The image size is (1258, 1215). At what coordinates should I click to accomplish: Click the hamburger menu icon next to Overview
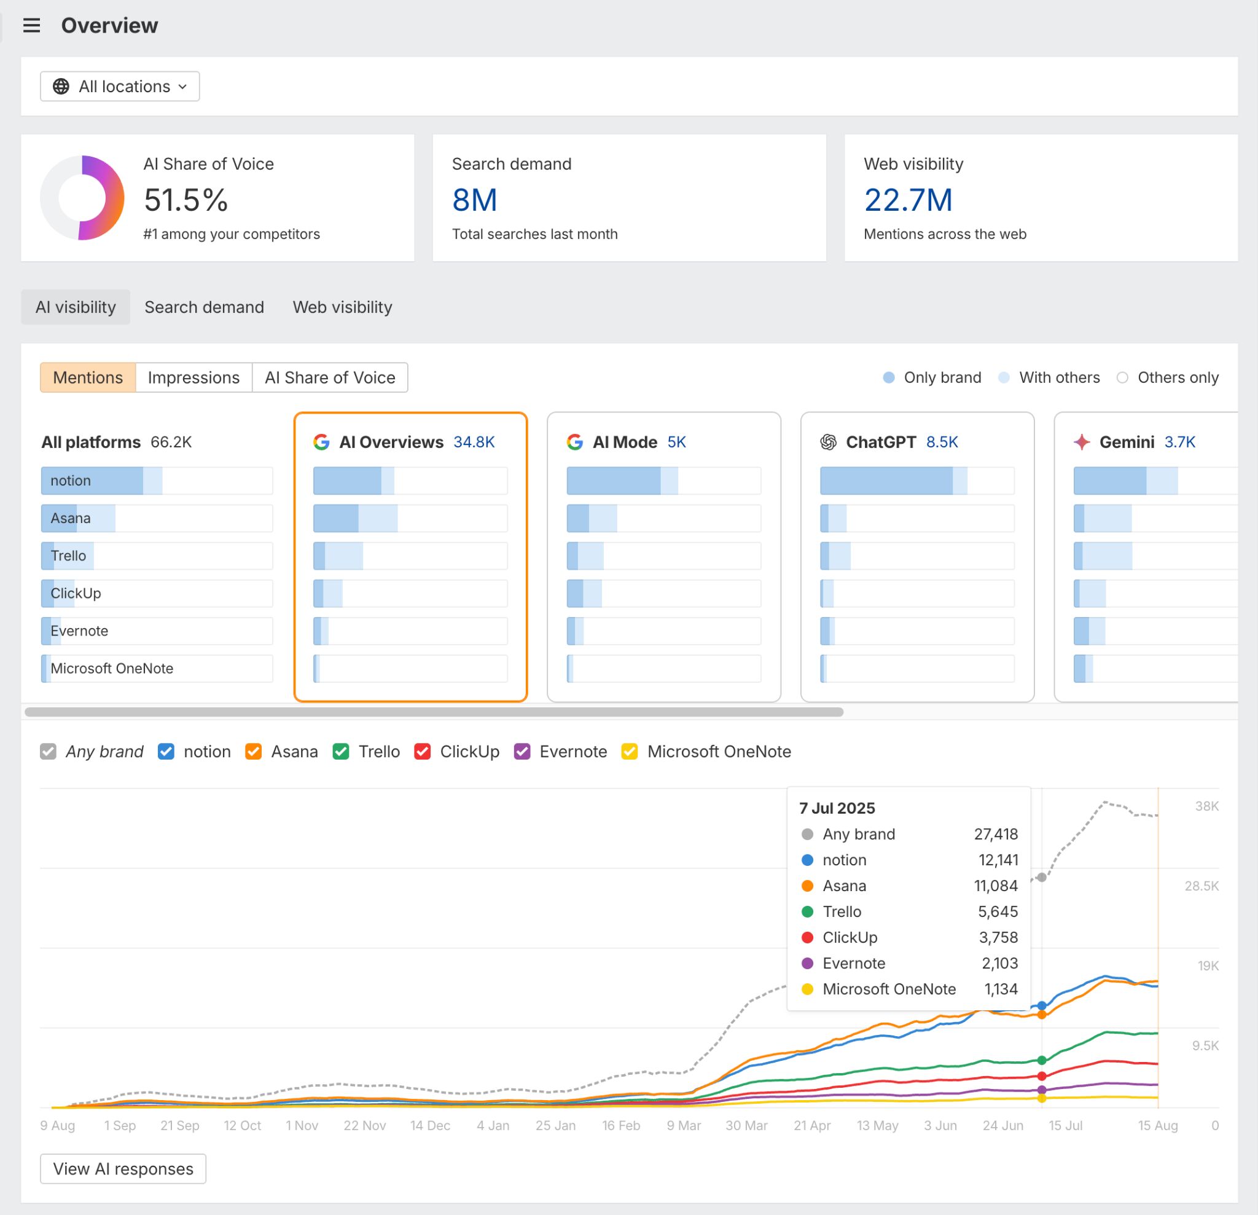tap(31, 26)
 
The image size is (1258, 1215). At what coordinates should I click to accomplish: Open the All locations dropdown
tap(120, 87)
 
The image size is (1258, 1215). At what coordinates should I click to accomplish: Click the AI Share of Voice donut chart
tap(82, 198)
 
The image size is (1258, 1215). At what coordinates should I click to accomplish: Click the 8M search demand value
tap(474, 200)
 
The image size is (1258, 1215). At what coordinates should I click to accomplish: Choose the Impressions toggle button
tap(193, 377)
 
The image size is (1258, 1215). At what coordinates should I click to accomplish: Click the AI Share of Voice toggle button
tap(330, 377)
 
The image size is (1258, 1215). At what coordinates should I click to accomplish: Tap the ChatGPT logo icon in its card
tap(828, 442)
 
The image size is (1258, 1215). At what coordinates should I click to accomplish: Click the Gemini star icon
tap(1082, 442)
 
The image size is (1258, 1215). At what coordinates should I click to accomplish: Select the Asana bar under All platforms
tap(157, 518)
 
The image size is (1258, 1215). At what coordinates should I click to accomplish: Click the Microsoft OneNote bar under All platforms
tap(157, 669)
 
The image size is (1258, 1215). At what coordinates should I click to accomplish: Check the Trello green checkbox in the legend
tap(341, 752)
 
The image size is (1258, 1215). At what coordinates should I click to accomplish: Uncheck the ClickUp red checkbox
tap(423, 752)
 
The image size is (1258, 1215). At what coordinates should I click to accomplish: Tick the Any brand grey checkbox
tap(48, 752)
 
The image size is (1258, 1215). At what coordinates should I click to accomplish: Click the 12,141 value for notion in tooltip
tap(998, 860)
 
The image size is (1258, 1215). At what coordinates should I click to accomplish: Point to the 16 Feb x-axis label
tap(620, 1126)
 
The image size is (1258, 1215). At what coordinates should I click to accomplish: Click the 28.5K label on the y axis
tap(1201, 886)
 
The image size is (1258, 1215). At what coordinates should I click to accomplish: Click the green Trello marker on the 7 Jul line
tap(1042, 1060)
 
